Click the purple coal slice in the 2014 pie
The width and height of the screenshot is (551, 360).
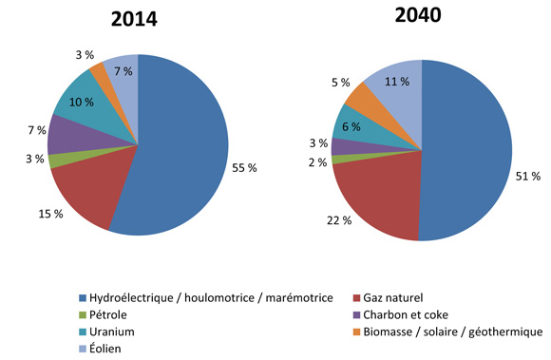coord(71,136)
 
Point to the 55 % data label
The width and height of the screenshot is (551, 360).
coord(244,168)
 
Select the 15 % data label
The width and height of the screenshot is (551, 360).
coord(50,214)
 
